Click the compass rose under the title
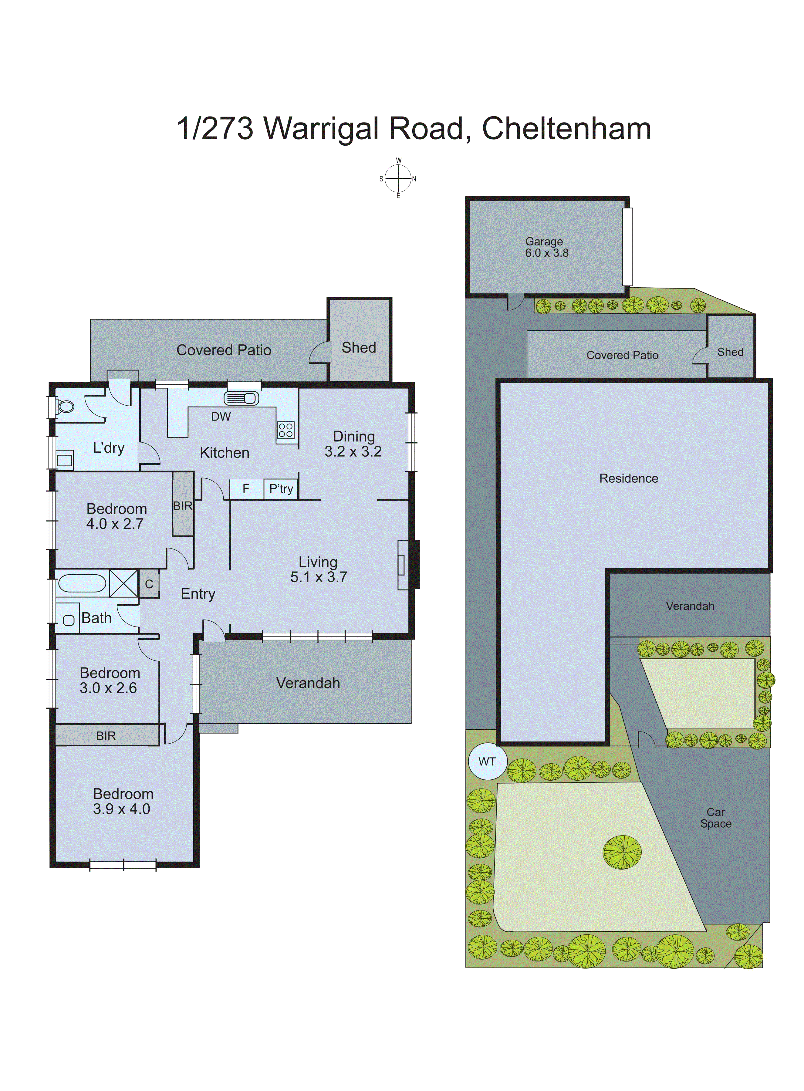[x=398, y=179]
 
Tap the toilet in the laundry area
[x=65, y=406]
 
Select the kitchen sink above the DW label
[x=242, y=398]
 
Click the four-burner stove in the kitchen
[x=286, y=430]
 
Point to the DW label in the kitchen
[x=221, y=417]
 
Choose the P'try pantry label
[x=281, y=488]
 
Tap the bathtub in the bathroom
[x=82, y=583]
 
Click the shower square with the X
[x=123, y=583]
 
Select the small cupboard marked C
[x=149, y=584]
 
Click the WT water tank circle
[x=487, y=762]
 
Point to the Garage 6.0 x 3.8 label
[x=546, y=247]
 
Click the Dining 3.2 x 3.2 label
[x=353, y=444]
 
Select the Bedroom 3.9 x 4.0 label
[x=123, y=802]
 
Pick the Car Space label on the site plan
[x=715, y=818]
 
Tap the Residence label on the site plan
[x=628, y=478]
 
